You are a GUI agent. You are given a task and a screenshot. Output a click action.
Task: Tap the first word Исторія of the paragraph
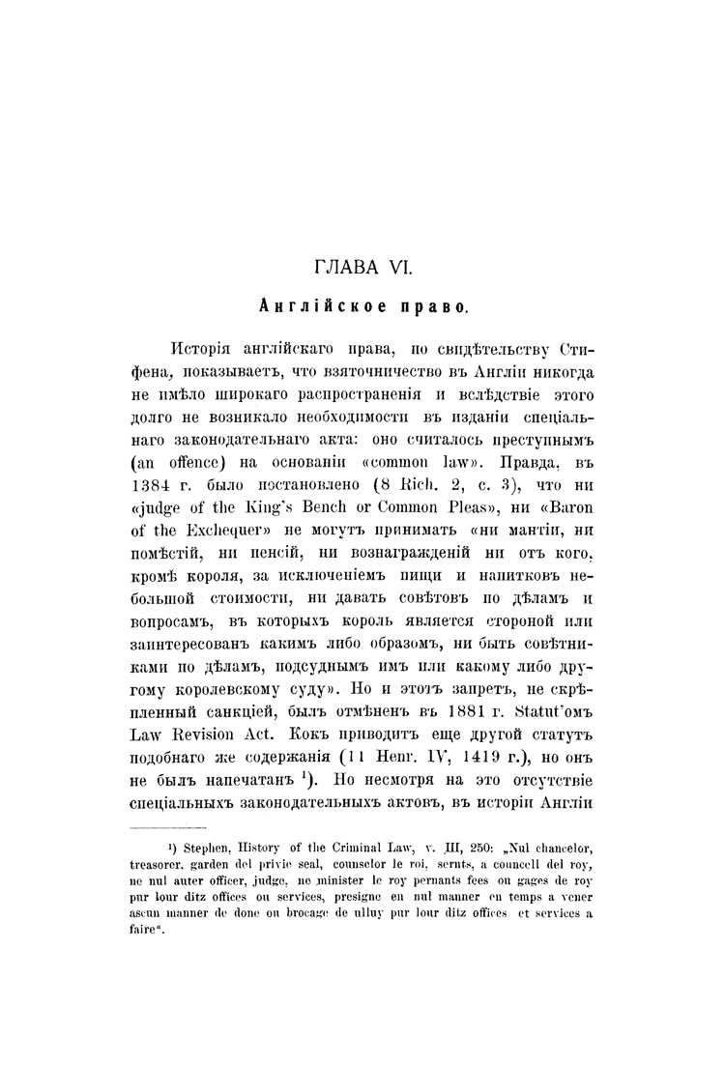pyautogui.click(x=203, y=348)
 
